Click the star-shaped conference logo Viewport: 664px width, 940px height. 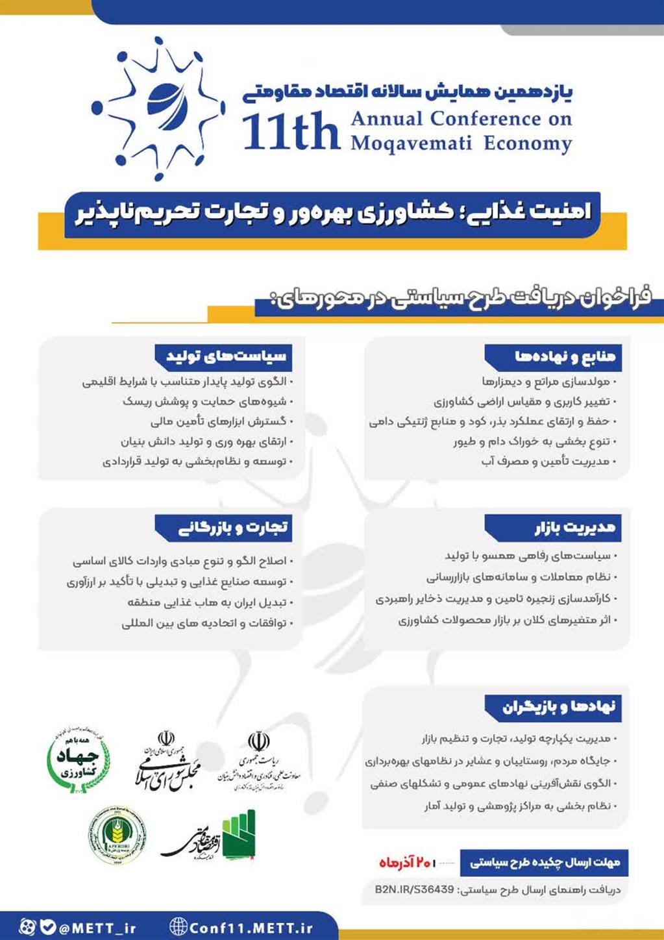[x=157, y=108]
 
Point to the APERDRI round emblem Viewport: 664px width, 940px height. [x=117, y=839]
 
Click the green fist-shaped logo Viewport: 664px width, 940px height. [x=239, y=835]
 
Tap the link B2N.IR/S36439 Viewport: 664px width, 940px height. [x=414, y=889]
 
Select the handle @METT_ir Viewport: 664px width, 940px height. [x=97, y=928]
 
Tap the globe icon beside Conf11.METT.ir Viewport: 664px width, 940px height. [x=178, y=927]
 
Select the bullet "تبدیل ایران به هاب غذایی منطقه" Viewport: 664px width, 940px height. [x=210, y=602]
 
